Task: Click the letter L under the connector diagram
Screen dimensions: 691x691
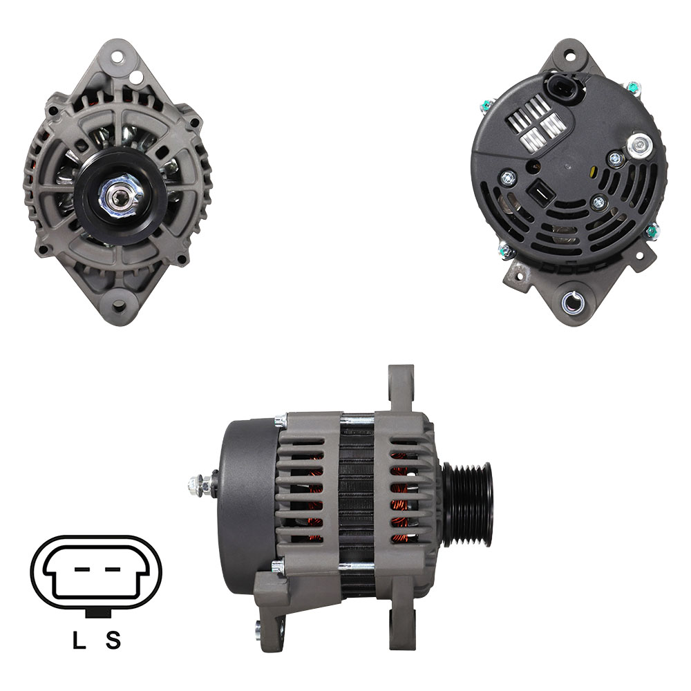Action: click(x=79, y=639)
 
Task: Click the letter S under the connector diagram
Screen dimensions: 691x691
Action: click(x=113, y=639)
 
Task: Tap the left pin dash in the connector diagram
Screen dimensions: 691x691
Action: click(x=82, y=569)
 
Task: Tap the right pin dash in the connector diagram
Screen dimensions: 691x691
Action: click(x=113, y=569)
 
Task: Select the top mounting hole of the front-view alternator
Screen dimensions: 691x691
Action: click(x=117, y=57)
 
